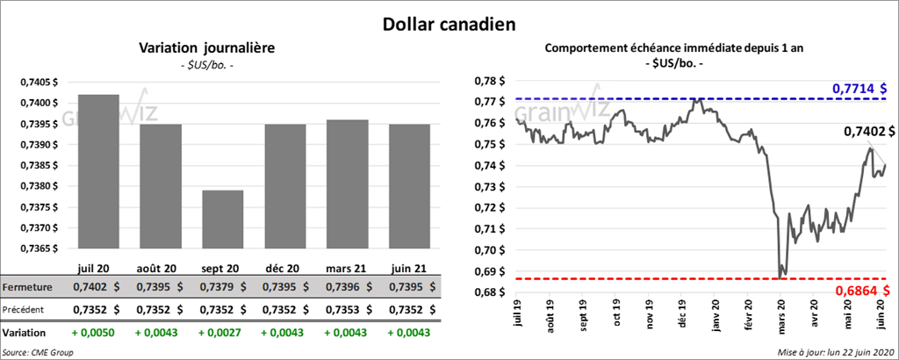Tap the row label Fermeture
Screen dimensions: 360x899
pyautogui.click(x=28, y=287)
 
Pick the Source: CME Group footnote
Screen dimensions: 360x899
pyautogui.click(x=38, y=352)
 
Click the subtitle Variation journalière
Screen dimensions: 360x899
pyautogui.click(x=207, y=48)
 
